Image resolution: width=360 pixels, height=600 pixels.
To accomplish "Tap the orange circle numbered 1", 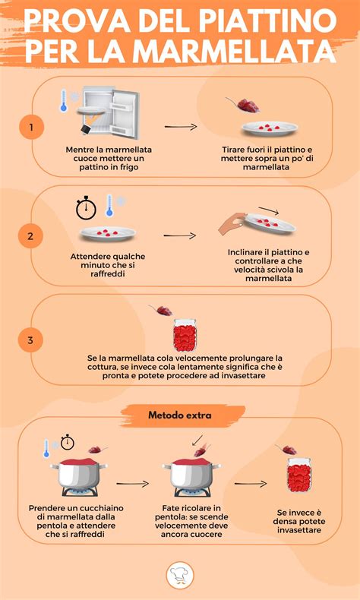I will tap(30, 127).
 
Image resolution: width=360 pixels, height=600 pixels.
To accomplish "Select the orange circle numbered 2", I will tap(30, 236).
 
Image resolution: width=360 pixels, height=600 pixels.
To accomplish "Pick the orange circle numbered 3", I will tap(30, 340).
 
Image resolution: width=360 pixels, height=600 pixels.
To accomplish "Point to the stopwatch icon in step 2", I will tap(86, 207).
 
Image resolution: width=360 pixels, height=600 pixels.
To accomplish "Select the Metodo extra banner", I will tap(180, 415).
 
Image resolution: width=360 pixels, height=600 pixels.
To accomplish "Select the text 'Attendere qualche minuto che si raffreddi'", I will tap(107, 263).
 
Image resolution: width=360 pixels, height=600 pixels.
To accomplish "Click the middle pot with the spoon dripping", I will tap(191, 472).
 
